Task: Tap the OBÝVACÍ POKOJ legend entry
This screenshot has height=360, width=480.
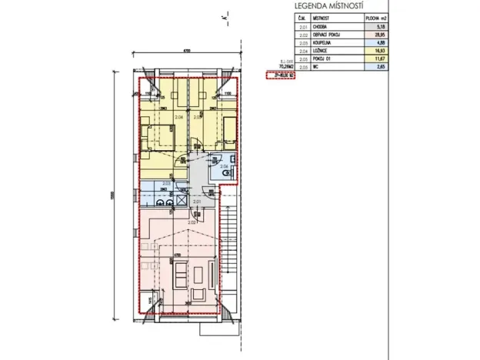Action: pyautogui.click(x=328, y=35)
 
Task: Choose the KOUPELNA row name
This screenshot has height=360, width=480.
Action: pyautogui.click(x=323, y=43)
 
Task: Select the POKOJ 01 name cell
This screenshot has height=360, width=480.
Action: pyautogui.click(x=323, y=59)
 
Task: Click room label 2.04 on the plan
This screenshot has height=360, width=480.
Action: pyautogui.click(x=179, y=117)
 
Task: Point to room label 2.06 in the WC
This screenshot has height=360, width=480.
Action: pyautogui.click(x=224, y=167)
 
